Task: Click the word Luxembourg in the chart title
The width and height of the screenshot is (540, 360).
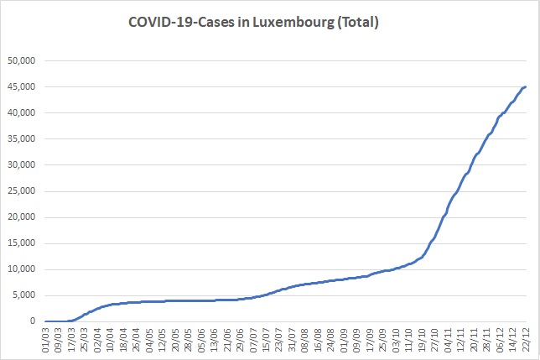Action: point(293,23)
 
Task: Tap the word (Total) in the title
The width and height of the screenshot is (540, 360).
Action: point(358,23)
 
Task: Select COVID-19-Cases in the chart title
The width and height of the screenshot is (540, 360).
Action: point(181,23)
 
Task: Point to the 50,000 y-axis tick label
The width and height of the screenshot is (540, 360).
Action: point(21,61)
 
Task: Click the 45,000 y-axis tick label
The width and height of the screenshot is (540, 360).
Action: point(21,87)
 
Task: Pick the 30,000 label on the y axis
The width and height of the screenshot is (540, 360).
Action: point(21,165)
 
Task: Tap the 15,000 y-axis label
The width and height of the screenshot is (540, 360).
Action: point(21,243)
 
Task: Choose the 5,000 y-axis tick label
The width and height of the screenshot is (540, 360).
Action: point(23,295)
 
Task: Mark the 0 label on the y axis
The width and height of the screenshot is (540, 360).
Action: point(33,321)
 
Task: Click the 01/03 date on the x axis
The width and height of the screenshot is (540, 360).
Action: point(45,340)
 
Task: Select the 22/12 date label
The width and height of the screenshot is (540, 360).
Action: point(527,340)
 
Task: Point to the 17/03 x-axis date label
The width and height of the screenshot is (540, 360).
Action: point(71,340)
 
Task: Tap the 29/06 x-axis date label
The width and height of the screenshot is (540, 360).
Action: point(241,340)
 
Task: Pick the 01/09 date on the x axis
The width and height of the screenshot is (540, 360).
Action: point(345,340)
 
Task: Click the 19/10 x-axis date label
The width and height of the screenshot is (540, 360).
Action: point(423,340)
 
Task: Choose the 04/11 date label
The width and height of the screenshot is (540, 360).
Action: point(449,340)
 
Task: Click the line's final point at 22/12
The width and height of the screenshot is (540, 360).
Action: point(526,86)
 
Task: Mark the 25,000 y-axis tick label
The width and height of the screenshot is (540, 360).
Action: point(21,191)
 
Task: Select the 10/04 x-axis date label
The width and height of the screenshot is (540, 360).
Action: point(111,340)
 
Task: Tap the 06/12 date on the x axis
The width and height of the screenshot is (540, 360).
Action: point(501,340)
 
